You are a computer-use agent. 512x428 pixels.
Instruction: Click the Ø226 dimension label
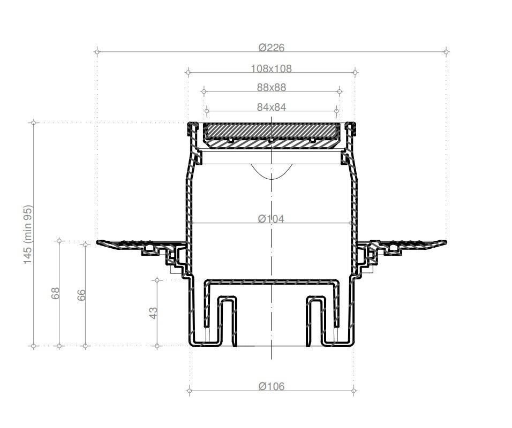pyautogui.click(x=272, y=48)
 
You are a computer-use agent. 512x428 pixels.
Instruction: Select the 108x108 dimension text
pyautogui.click(x=272, y=68)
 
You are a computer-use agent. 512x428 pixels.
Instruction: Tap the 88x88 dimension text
pyautogui.click(x=272, y=87)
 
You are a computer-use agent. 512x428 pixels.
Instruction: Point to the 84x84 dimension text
pyautogui.click(x=272, y=107)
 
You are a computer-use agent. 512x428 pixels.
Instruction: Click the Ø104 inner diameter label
pyautogui.click(x=271, y=218)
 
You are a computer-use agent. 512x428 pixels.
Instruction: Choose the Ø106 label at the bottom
pyautogui.click(x=272, y=386)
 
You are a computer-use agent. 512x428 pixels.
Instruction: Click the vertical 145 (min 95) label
pyautogui.click(x=28, y=234)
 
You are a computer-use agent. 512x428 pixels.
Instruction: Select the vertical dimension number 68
pyautogui.click(x=55, y=293)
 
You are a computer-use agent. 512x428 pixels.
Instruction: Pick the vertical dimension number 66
pyautogui.click(x=81, y=295)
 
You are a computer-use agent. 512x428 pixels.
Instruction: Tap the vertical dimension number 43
pyautogui.click(x=153, y=313)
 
